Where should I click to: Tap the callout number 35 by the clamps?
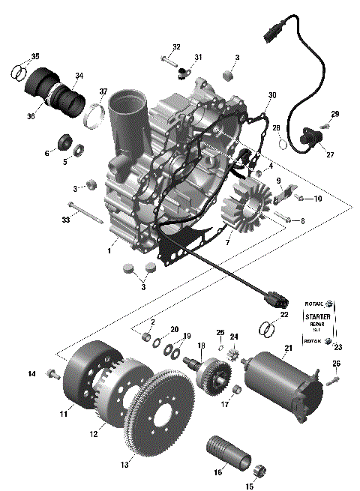click(x=35, y=58)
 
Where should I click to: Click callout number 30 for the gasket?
click(x=272, y=95)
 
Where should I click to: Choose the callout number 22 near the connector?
click(x=283, y=315)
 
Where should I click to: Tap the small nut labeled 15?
click(x=262, y=471)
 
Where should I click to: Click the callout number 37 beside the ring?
click(x=103, y=92)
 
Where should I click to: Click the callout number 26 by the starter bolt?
click(x=336, y=364)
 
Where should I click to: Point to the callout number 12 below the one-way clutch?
click(x=94, y=433)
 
